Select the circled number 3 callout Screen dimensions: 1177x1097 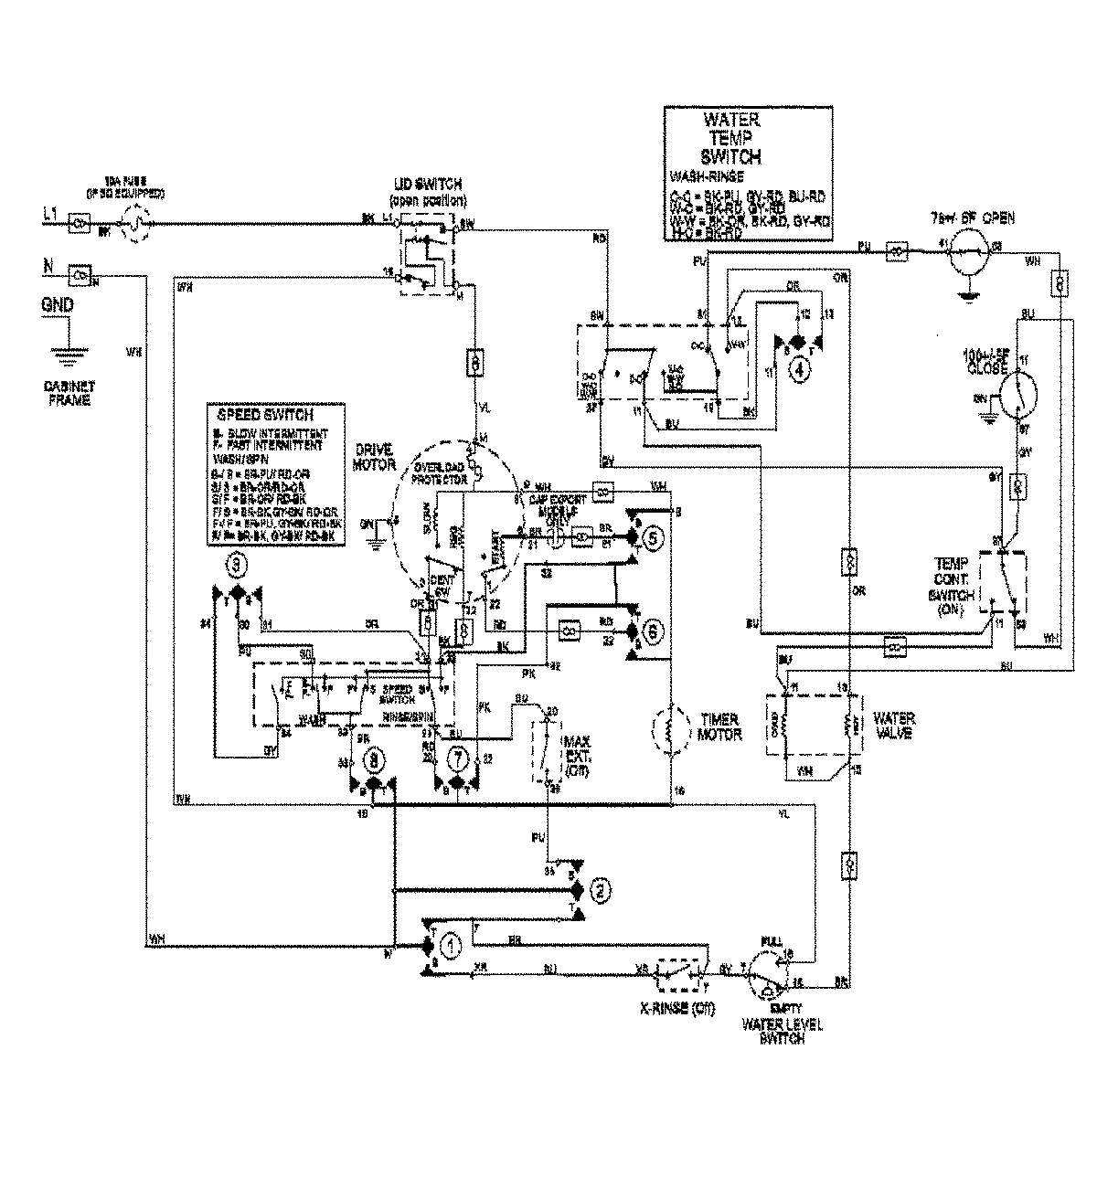pyautogui.click(x=237, y=567)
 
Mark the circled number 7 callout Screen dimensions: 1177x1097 pyautogui.click(x=459, y=758)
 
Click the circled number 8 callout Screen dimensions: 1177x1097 pyautogui.click(x=373, y=758)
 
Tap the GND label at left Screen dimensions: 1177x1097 pyautogui.click(x=58, y=307)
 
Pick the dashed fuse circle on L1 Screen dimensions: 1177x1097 pyautogui.click(x=135, y=223)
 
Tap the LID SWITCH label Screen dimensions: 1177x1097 pyautogui.click(x=426, y=189)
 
